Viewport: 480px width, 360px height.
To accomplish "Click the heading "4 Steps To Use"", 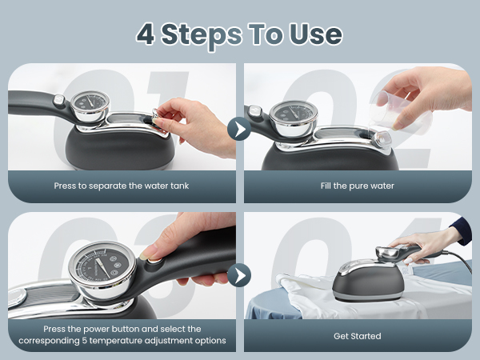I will click(x=239, y=34).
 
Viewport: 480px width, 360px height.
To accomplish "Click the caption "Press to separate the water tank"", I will click(x=122, y=186).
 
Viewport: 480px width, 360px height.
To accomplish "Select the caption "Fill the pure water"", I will click(x=358, y=186).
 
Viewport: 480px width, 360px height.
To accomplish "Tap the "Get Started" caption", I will click(x=358, y=335).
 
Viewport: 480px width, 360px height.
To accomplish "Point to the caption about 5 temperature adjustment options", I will click(x=122, y=334).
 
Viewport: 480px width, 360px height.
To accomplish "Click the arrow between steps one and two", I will click(x=239, y=128).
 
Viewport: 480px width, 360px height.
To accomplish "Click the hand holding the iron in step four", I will click(x=424, y=244).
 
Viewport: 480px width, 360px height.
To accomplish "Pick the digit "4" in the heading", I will click(x=146, y=34).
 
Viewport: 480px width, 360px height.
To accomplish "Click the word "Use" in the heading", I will click(x=315, y=34).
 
